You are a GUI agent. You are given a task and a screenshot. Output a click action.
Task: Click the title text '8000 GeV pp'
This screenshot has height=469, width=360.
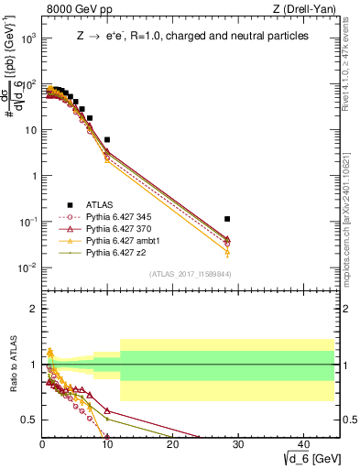pos(71,9)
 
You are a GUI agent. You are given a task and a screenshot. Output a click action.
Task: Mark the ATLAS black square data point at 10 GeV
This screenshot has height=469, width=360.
pos(107,139)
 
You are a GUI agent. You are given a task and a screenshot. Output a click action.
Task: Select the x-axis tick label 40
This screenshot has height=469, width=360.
pos(302,444)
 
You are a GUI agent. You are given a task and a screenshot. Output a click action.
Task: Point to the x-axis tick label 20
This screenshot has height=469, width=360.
pos(172,444)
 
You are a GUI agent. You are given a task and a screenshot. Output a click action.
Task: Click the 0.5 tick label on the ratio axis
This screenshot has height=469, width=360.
pos(28,420)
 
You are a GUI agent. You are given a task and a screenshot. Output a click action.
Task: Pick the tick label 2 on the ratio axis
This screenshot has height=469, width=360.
pos(33,309)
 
